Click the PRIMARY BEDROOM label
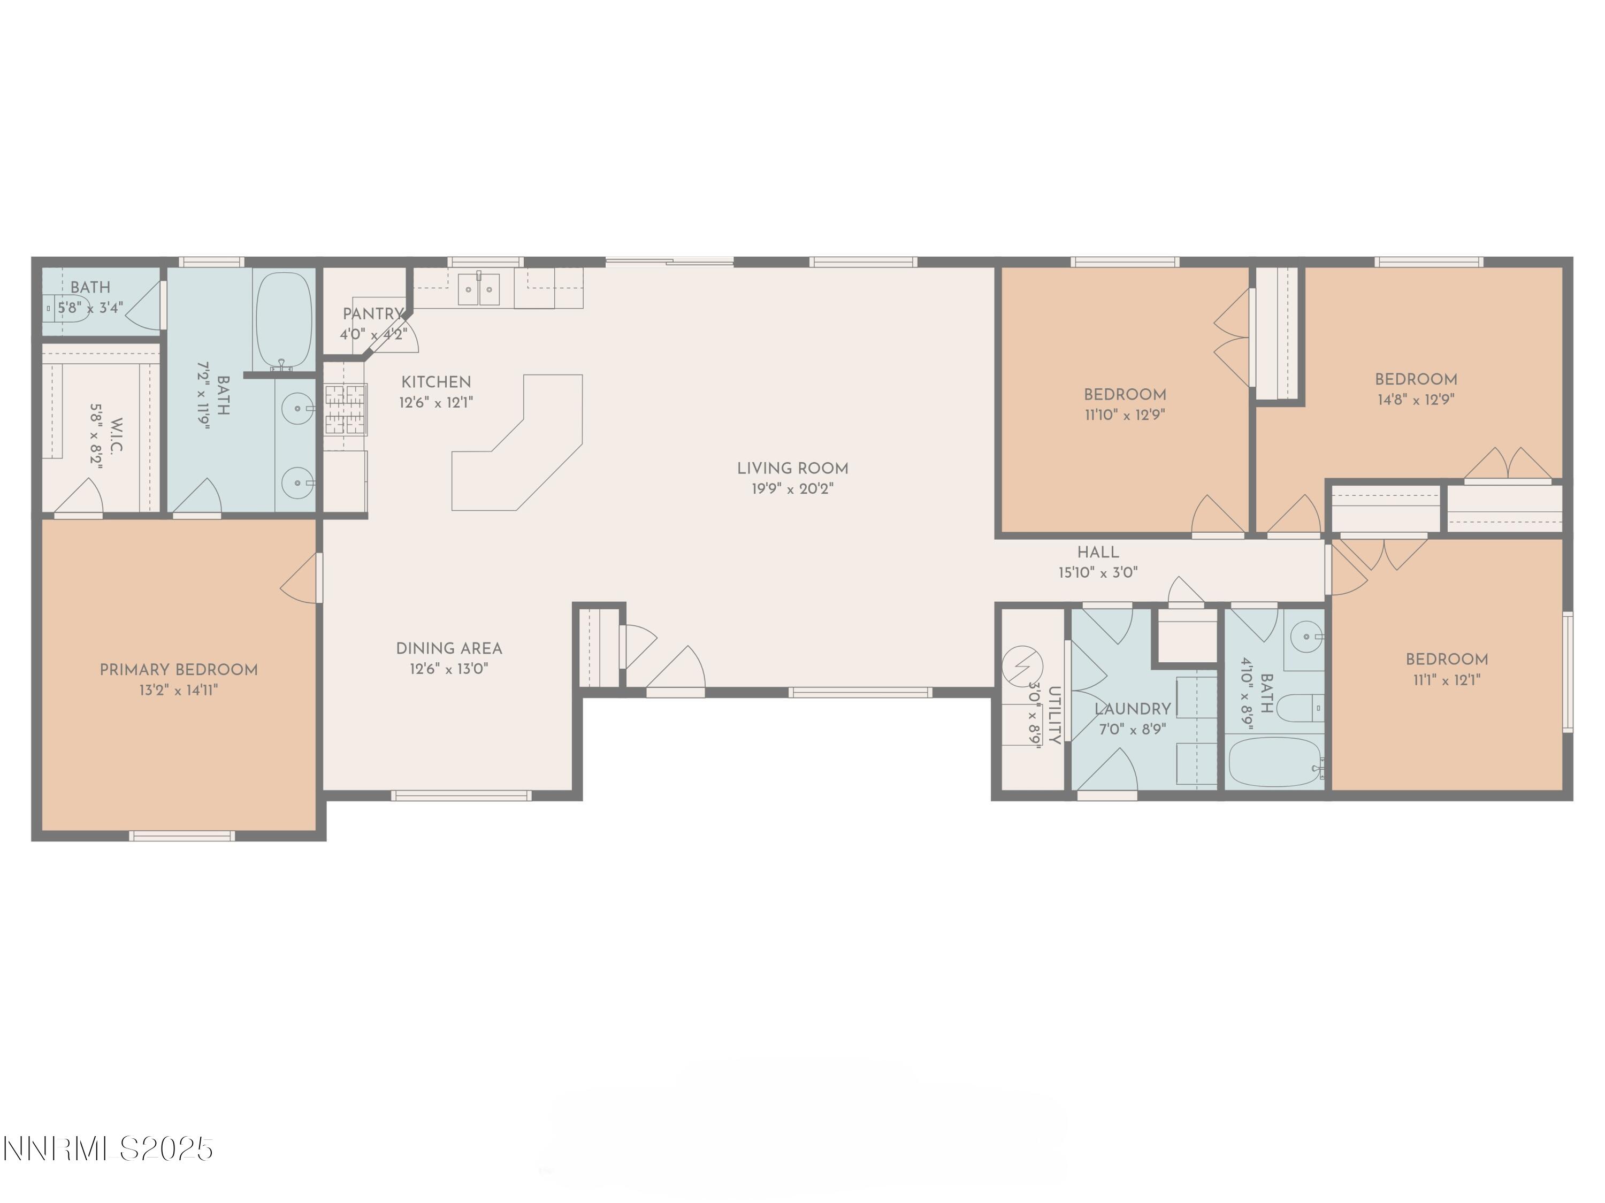click(179, 670)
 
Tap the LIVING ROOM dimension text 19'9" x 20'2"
click(792, 489)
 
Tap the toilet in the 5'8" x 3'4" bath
click(69, 308)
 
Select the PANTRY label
click(372, 313)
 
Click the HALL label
click(1097, 552)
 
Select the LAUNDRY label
click(1132, 709)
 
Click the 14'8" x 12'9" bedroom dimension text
click(1416, 399)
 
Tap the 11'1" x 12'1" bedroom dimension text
click(1447, 680)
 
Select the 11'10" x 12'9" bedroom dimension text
click(1125, 415)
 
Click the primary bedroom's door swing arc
click(299, 578)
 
